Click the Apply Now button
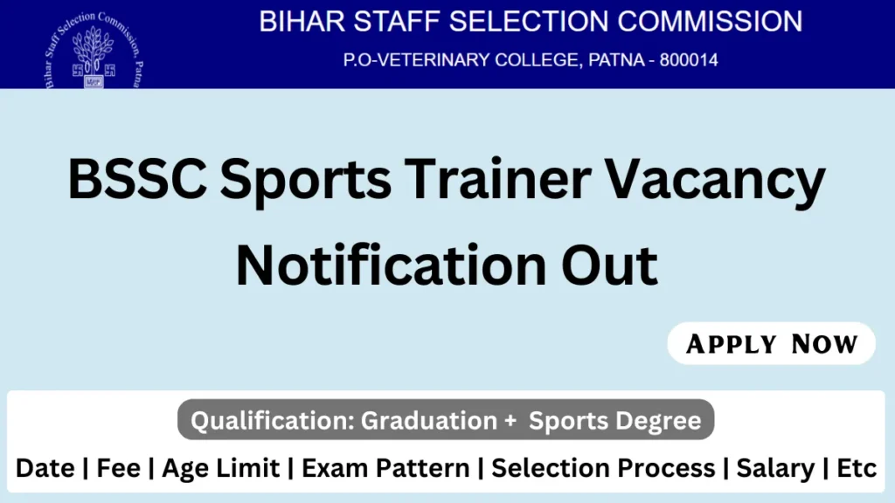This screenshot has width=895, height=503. pyautogui.click(x=771, y=343)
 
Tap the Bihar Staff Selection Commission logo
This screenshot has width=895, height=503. pyautogui.click(x=94, y=50)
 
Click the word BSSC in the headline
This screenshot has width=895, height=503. pyautogui.click(x=137, y=179)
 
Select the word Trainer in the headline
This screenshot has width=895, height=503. pyautogui.click(x=497, y=179)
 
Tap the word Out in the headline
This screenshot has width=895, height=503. pyautogui.click(x=609, y=265)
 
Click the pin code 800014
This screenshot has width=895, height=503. pyautogui.click(x=689, y=60)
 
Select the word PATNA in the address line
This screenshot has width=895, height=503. pyautogui.click(x=616, y=60)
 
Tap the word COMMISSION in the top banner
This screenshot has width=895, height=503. pyautogui.click(x=710, y=22)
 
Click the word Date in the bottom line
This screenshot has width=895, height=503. pyautogui.click(x=45, y=468)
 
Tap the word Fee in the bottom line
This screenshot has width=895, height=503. pyautogui.click(x=118, y=468)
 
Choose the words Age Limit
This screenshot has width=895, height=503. pyautogui.click(x=221, y=469)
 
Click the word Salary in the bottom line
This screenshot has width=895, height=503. pyautogui.click(x=776, y=469)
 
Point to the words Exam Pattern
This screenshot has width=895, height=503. pyautogui.click(x=385, y=468)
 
